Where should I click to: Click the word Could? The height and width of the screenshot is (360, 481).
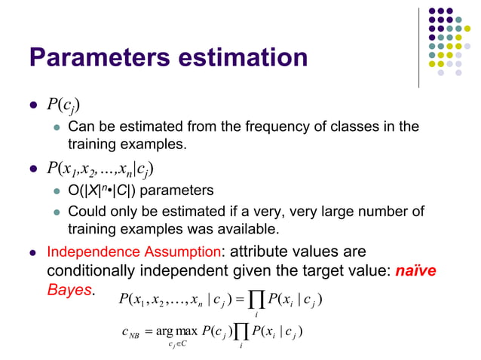86,210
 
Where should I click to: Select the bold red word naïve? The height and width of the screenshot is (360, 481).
416,270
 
